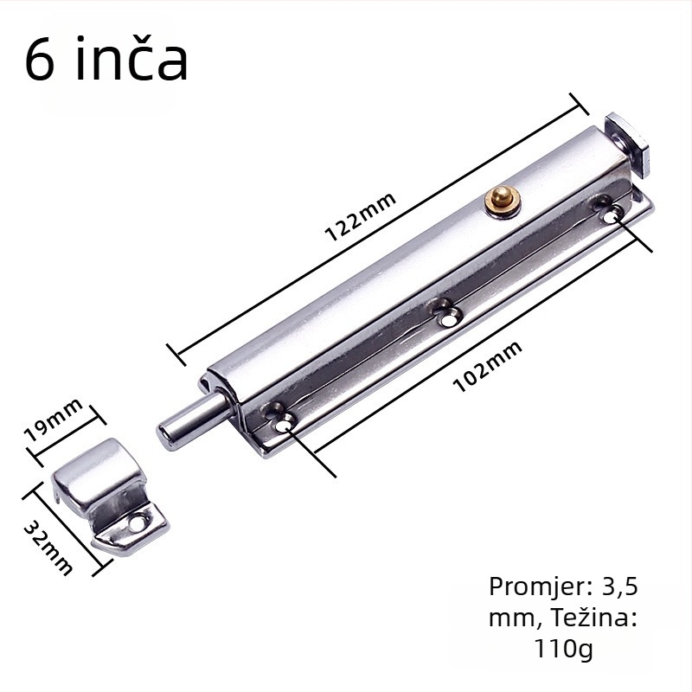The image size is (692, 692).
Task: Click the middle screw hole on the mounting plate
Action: [447, 315]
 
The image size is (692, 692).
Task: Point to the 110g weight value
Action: [564, 648]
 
